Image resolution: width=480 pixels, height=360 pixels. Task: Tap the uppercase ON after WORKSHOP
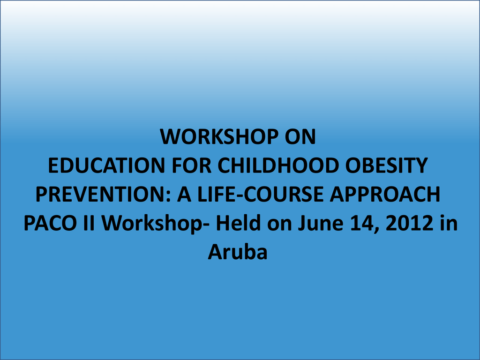pyautogui.click(x=300, y=136)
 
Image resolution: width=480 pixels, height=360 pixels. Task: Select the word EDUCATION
pyautogui.click(x=106, y=165)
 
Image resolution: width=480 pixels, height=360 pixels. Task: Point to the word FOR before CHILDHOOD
pyautogui.click(x=191, y=165)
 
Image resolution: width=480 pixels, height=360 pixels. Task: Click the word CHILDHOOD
pyautogui.click(x=278, y=165)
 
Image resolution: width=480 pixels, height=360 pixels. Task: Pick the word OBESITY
pyautogui.click(x=386, y=165)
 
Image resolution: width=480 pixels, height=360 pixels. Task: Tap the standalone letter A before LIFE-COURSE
pyautogui.click(x=184, y=195)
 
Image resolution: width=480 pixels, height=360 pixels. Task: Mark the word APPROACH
pyautogui.click(x=385, y=195)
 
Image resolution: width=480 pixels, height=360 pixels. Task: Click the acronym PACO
pyautogui.click(x=50, y=223)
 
